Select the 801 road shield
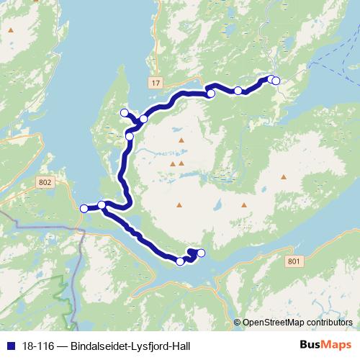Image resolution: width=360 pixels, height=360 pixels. pos(291,259)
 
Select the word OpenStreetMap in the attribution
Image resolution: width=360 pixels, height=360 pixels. pos(275,323)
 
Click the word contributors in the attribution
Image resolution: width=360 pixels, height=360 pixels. pos(330,323)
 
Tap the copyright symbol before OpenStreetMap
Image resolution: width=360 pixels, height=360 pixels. pos(237,323)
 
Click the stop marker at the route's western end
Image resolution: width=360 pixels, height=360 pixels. pos(84,208)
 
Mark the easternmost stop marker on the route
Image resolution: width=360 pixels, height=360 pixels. pos(276,81)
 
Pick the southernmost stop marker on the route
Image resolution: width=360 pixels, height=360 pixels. pos(180,261)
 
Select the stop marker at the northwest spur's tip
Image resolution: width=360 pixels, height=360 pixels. pos(124,112)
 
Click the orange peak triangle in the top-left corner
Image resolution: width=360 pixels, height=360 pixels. pos(11,31)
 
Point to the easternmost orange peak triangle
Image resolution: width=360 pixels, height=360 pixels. pos(284,176)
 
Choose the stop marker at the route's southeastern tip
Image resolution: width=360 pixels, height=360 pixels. pos(201,252)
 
